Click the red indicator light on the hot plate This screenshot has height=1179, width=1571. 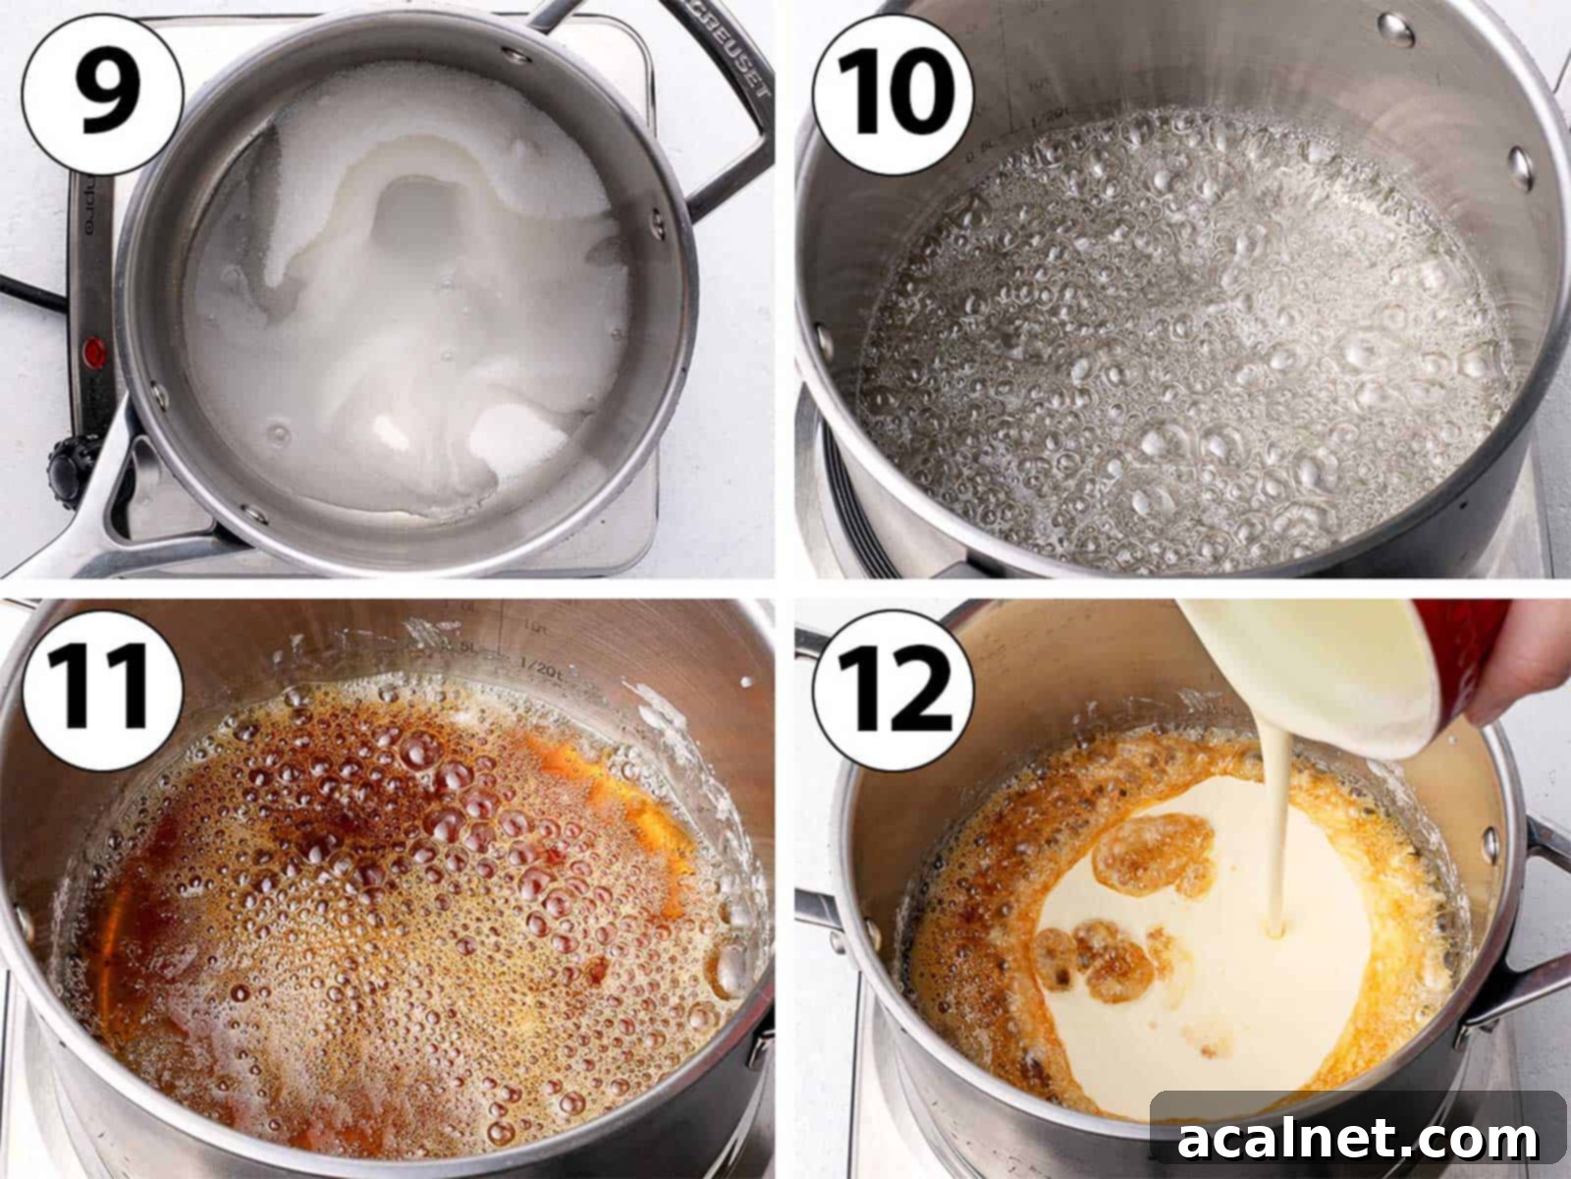[x=95, y=350]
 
